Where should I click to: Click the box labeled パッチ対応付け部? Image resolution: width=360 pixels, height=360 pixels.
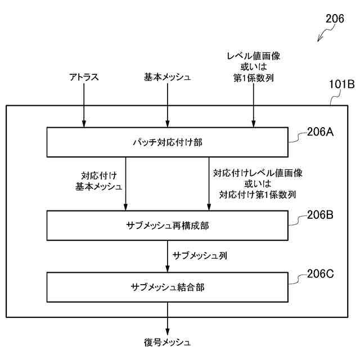tap(167, 142)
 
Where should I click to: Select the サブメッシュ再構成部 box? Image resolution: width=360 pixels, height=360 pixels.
tap(167, 225)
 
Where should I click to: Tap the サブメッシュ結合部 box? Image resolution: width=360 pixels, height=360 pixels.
tap(167, 287)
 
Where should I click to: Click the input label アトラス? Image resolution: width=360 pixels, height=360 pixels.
tap(84, 78)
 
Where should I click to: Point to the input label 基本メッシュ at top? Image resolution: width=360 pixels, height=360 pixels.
tap(167, 78)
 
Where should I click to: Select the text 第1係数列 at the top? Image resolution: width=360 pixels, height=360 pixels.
tap(253, 78)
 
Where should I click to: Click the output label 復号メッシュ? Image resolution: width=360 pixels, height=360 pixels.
tap(167, 342)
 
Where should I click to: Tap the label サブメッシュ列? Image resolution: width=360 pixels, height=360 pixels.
tap(200, 255)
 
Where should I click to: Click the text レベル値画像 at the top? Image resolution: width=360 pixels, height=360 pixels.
tap(253, 56)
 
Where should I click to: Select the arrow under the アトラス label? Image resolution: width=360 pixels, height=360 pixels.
tap(84, 107)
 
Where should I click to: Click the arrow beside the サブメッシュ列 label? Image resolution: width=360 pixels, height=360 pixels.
tap(167, 256)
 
